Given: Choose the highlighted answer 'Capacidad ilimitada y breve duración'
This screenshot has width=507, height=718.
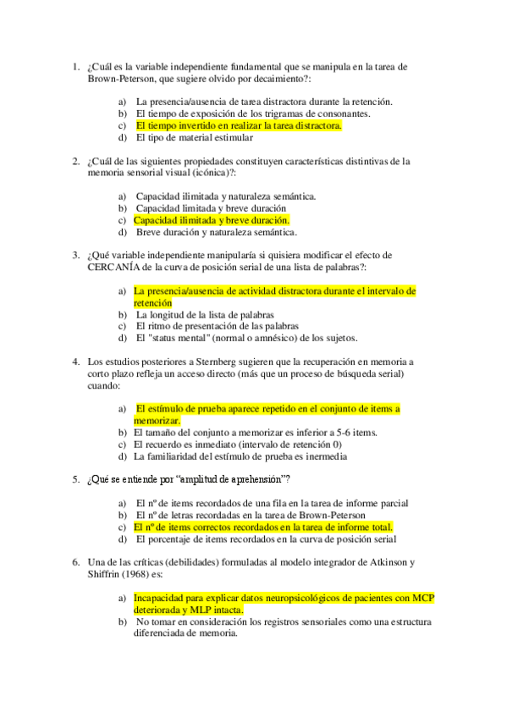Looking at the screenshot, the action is [212, 220].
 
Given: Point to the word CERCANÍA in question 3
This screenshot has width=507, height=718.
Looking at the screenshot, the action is [115, 267].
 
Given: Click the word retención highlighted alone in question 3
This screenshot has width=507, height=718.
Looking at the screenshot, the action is [152, 302].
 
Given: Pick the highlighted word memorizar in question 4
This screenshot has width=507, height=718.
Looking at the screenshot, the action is [157, 420].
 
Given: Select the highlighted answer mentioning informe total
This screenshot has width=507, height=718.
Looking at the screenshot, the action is [263, 527].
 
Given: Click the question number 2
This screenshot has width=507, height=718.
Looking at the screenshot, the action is [75, 160].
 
